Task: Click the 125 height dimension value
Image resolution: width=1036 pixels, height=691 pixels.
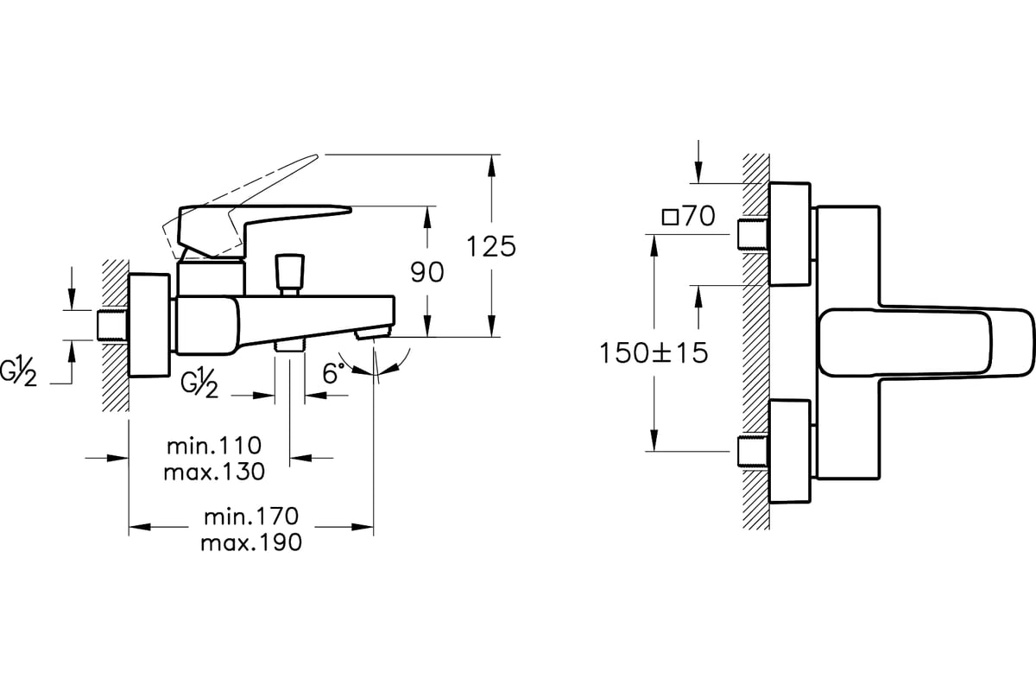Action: coord(491,246)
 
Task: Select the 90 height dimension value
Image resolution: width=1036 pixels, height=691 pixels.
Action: coord(426,272)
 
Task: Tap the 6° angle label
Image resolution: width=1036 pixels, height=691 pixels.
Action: coord(333,373)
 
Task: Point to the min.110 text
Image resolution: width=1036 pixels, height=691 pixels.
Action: coord(214,446)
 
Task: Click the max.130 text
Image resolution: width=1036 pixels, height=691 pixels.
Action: coord(214,472)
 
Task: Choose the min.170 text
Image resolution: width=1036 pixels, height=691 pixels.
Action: coord(251,517)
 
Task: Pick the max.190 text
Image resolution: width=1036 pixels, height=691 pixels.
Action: coord(251,542)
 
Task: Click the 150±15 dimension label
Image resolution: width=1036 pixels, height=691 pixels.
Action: coord(654,352)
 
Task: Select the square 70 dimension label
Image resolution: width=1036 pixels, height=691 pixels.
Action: coord(688,216)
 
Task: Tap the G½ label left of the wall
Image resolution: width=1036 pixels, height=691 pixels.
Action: coord(18,371)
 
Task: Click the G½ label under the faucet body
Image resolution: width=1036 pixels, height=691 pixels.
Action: coord(199,384)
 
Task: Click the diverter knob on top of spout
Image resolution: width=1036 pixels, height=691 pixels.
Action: coord(289,275)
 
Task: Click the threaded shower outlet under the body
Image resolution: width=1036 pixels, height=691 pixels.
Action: coord(290,346)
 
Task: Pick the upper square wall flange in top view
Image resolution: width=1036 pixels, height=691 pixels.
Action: coord(789,234)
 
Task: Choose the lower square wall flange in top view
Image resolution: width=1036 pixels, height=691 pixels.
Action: coord(789,451)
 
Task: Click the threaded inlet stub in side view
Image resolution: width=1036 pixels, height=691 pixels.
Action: coord(112,326)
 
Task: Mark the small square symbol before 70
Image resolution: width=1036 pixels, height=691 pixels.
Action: coord(670,217)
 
